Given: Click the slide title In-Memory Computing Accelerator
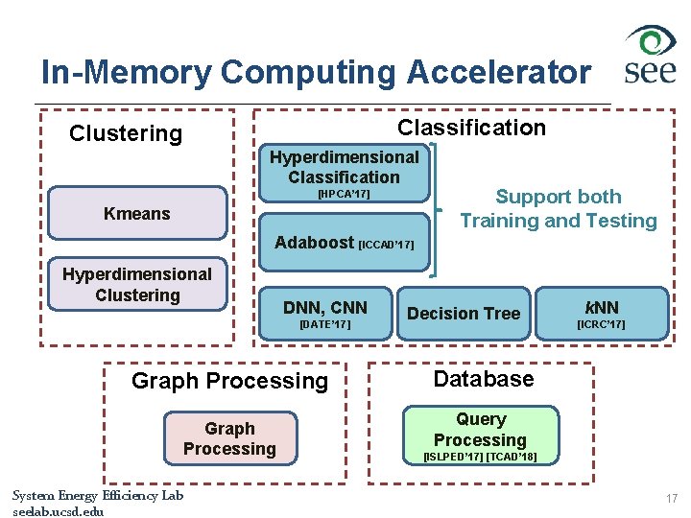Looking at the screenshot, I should tap(316, 72).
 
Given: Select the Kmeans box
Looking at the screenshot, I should tap(137, 213).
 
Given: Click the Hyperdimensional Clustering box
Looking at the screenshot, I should tap(137, 285).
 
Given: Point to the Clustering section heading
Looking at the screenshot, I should tap(126, 133).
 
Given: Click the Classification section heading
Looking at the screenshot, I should tap(471, 128).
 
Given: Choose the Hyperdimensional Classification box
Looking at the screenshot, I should tap(344, 167).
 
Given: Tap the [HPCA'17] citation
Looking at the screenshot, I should tap(344, 195).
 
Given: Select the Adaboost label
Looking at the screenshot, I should tap(314, 243).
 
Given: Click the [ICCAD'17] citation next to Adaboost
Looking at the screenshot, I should tap(386, 246).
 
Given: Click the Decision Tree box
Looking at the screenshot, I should tap(464, 314).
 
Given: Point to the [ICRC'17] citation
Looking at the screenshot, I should tap(601, 325).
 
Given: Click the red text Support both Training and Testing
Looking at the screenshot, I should tap(558, 209).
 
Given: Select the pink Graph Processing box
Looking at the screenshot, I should tap(229, 438).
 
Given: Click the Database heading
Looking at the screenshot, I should tap(483, 379).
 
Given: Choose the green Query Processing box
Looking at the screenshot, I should tap(481, 430).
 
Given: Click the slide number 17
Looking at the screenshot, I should tap(671, 499).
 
